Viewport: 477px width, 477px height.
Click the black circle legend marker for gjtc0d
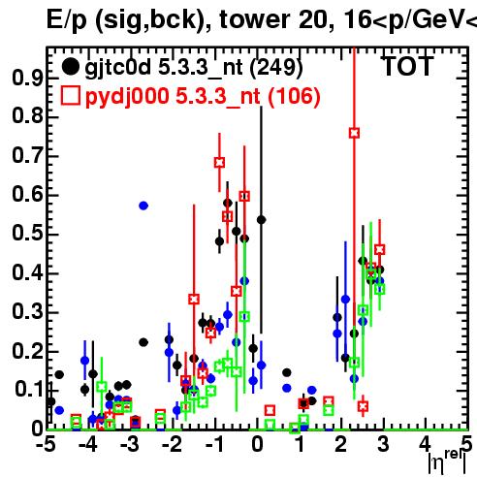(70, 67)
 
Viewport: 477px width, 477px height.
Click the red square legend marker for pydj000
(70, 96)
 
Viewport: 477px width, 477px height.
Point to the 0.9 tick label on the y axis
(27, 78)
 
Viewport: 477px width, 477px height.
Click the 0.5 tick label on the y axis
(27, 234)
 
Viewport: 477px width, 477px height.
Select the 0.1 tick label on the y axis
(29, 390)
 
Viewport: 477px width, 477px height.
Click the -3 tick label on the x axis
(130, 444)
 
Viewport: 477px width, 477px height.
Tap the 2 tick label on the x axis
(341, 444)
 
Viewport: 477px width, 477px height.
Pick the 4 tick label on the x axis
(426, 444)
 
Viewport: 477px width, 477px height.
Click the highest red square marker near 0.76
(354, 133)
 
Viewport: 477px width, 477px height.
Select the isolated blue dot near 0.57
(143, 206)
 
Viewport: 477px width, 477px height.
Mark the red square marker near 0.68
(219, 163)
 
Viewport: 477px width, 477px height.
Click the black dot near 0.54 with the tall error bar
(261, 220)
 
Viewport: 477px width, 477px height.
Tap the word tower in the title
(256, 19)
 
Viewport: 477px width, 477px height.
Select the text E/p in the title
(67, 20)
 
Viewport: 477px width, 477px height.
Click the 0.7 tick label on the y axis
(27, 156)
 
